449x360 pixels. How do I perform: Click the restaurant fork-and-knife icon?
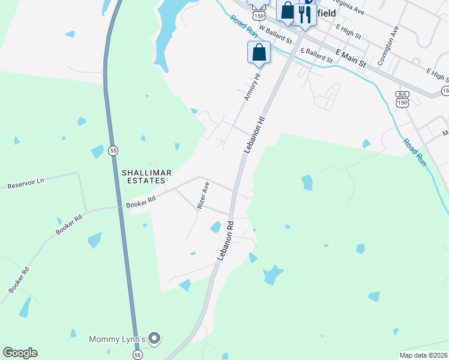coord(305,14)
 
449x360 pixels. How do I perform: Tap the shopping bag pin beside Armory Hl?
coord(259,52)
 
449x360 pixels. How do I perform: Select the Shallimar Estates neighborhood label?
coord(147,176)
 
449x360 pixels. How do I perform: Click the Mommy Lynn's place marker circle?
coord(155,339)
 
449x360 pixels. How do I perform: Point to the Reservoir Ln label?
coord(26,183)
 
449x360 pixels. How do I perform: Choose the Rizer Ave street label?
coord(203,195)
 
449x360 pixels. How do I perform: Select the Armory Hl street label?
coord(251,86)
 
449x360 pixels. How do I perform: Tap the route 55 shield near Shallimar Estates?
coord(113,151)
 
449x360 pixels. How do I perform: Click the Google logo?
coord(20,353)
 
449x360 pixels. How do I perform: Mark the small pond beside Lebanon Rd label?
coord(215,227)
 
